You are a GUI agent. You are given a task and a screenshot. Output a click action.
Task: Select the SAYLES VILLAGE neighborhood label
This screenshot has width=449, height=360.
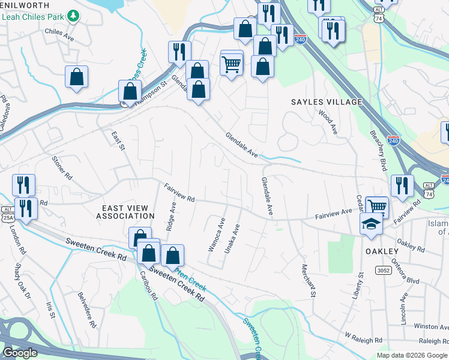pos(327,102)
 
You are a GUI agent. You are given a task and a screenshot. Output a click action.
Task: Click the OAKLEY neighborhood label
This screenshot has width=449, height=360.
pos(381,251)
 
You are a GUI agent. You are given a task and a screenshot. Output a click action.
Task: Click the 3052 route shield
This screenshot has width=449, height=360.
pos(384,271)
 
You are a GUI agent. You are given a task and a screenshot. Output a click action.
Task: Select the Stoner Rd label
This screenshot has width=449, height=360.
pos(62,169)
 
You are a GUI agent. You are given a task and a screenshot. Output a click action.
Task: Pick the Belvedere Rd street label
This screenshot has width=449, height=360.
pos(87,310)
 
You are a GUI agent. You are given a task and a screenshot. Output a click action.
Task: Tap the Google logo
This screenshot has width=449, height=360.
pos(20,353)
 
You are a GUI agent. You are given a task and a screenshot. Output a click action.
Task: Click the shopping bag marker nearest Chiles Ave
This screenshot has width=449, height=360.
pos(76,77)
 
